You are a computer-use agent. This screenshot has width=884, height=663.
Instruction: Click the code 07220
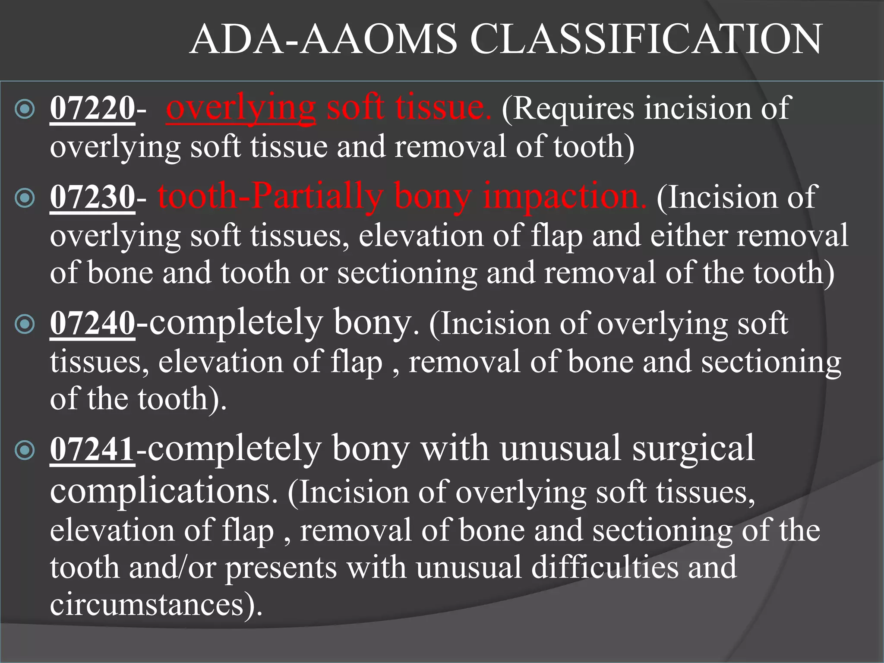(92, 108)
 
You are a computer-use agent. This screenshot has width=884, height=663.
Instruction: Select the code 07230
(92, 197)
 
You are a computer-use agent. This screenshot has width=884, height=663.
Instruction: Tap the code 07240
(92, 324)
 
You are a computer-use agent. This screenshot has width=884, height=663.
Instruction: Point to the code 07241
(92, 450)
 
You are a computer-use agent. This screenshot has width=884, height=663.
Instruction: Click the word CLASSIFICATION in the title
(646, 40)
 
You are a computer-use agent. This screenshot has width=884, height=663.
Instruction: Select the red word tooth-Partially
(270, 197)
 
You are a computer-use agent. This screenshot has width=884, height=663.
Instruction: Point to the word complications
(164, 492)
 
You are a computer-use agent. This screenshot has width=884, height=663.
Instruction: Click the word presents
(281, 568)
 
